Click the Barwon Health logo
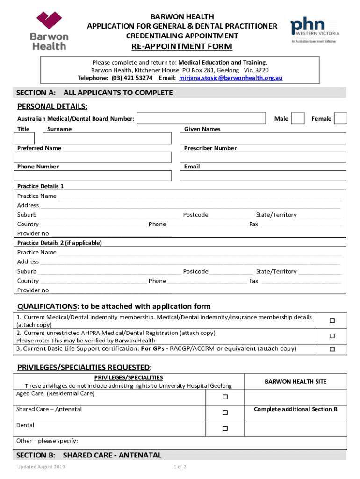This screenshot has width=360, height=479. pos(49,30)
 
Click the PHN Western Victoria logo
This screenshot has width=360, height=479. pos(315,31)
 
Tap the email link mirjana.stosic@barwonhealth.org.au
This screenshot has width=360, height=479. pos(231,78)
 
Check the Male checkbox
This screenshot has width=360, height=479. pos(298,119)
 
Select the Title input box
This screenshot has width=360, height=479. pos(24,138)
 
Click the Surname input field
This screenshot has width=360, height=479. pos(107,138)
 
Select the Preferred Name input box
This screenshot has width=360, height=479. pos(94,157)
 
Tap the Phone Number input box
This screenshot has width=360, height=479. pos(94,175)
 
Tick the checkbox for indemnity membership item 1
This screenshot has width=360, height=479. pos(332,321)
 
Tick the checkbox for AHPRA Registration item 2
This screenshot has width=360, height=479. pos(332,336)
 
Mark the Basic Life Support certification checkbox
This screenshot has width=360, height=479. pos(332,349)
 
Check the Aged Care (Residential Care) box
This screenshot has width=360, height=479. pos(225,397)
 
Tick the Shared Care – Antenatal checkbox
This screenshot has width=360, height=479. pos(225,413)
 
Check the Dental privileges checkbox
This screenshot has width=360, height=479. pos(225,428)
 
